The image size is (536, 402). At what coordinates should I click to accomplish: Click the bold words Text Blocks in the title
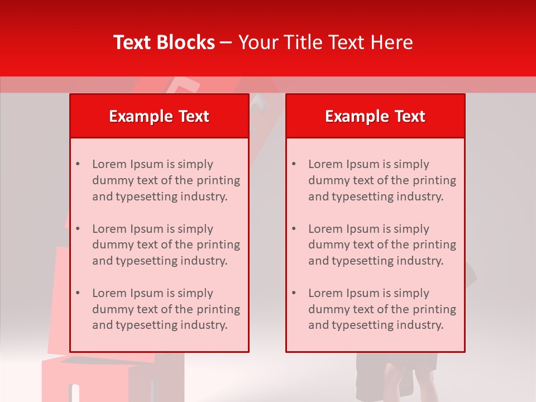(164, 42)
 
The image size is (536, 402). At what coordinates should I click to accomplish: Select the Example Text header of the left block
(159, 116)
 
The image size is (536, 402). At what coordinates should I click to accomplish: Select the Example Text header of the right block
(375, 116)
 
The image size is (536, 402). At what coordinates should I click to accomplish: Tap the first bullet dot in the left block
(78, 164)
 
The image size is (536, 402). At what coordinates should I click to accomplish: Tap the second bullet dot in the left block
(78, 229)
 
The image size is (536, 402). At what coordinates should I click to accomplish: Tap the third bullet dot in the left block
(78, 293)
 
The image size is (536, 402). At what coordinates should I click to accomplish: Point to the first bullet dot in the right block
(294, 164)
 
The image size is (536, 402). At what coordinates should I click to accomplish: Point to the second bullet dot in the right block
(294, 229)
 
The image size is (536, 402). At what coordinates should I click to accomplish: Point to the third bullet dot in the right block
(294, 293)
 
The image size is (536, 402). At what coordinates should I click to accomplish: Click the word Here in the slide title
(394, 42)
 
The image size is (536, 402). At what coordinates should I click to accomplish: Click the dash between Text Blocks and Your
(226, 42)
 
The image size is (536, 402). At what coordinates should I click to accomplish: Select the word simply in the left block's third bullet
(195, 293)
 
